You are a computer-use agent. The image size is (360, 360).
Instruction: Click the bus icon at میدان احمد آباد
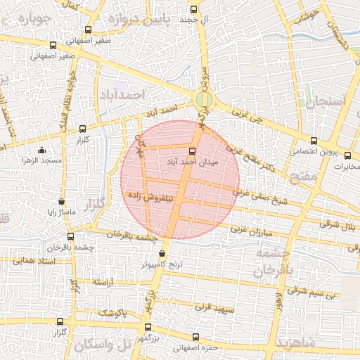[191, 150]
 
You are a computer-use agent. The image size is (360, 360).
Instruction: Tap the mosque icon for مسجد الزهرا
[41, 150]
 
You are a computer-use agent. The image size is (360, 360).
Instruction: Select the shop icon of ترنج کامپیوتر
[163, 253]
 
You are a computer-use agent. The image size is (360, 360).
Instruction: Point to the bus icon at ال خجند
[194, 10]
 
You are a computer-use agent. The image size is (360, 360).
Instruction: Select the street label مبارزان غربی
[258, 230]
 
